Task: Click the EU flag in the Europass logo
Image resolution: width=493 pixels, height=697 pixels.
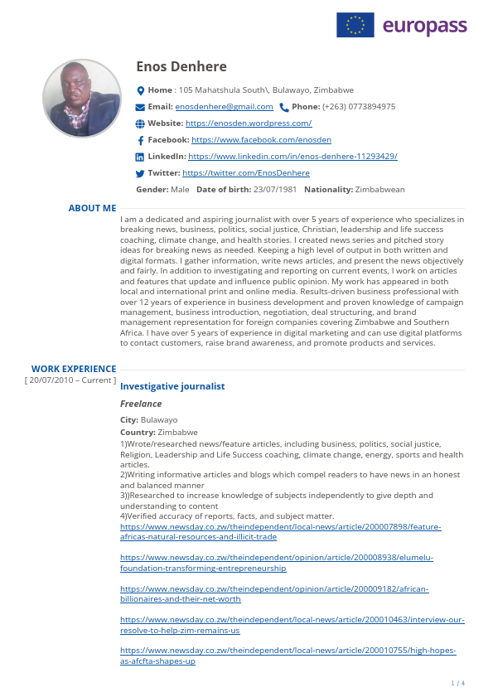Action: click(355, 25)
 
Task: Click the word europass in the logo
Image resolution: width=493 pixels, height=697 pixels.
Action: click(424, 27)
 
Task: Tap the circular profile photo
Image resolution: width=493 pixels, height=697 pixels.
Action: click(81, 98)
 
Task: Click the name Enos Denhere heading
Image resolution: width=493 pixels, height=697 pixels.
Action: click(181, 67)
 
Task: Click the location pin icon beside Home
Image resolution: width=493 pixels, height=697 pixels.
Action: click(140, 90)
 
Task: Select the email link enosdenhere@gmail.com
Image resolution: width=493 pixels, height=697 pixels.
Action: click(224, 107)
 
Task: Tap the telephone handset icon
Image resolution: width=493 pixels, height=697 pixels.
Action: click(284, 107)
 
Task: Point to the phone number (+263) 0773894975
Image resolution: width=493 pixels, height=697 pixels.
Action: click(359, 107)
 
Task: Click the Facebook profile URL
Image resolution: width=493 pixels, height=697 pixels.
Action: click(261, 140)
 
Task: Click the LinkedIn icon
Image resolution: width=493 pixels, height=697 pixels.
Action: click(140, 157)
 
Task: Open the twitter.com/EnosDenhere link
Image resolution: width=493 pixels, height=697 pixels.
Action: click(246, 173)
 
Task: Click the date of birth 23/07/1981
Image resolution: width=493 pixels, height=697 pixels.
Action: click(277, 190)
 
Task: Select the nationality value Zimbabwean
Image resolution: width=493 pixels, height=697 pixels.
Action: click(379, 190)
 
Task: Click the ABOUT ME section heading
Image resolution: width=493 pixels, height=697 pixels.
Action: click(92, 209)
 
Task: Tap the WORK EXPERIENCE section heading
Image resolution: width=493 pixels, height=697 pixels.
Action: click(74, 369)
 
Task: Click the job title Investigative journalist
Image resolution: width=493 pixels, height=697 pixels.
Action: click(172, 387)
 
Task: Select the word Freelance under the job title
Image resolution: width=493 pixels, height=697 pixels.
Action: click(141, 404)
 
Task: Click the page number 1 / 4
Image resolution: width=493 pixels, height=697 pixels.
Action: click(457, 683)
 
